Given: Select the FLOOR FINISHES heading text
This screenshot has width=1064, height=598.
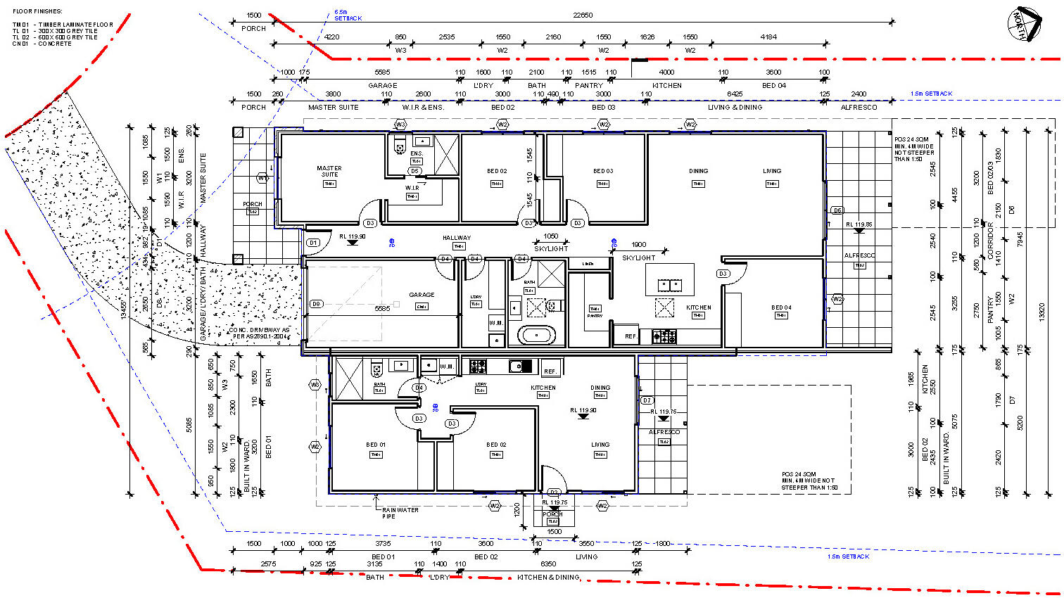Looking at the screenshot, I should pyautogui.click(x=37, y=11).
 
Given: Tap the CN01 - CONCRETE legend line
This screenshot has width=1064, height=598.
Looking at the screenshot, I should pyautogui.click(x=42, y=44).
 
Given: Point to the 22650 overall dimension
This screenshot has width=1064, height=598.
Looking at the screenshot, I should pyautogui.click(x=583, y=15).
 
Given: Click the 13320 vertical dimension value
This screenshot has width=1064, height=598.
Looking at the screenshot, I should pyautogui.click(x=1042, y=312).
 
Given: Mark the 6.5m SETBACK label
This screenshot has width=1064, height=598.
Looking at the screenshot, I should pyautogui.click(x=348, y=15).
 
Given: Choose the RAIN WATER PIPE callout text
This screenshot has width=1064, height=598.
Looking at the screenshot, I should pyautogui.click(x=400, y=513).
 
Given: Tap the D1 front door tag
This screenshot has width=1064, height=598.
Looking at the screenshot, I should pyautogui.click(x=314, y=243).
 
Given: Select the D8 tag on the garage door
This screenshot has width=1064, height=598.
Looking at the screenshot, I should pyautogui.click(x=316, y=305).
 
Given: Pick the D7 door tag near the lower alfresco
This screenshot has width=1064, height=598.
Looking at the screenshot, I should pyautogui.click(x=647, y=400).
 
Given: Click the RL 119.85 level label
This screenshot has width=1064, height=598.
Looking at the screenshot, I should pyautogui.click(x=859, y=224).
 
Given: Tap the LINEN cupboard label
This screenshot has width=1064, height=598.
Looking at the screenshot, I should pyautogui.click(x=588, y=264).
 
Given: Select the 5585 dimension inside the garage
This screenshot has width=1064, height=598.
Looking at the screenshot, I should pyautogui.click(x=382, y=309).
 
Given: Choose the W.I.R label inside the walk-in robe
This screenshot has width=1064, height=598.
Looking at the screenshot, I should pyautogui.click(x=412, y=188).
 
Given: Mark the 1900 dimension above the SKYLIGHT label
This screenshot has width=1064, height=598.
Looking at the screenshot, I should pyautogui.click(x=638, y=245).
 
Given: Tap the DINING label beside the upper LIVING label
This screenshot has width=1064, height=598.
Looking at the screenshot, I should pyautogui.click(x=698, y=171).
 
